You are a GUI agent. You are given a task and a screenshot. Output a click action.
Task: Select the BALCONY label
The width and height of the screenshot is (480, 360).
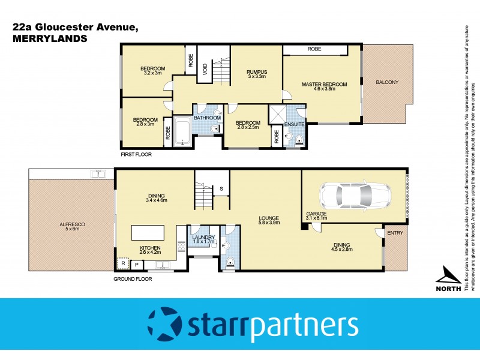pyautogui.click(x=387, y=83)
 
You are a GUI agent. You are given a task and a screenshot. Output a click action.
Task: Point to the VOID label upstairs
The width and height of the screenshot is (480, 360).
pyautogui.click(x=205, y=70)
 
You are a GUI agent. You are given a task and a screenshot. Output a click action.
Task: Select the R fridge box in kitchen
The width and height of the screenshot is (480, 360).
pyautogui.click(x=123, y=263)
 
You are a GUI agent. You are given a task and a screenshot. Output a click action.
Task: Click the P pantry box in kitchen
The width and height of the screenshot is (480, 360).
pyautogui.click(x=136, y=264)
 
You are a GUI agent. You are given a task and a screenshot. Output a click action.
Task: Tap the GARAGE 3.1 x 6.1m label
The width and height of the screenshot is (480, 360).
pyautogui.click(x=316, y=216)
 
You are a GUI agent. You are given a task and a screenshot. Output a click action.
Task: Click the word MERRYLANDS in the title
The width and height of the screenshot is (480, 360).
pyautogui.click(x=49, y=38)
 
